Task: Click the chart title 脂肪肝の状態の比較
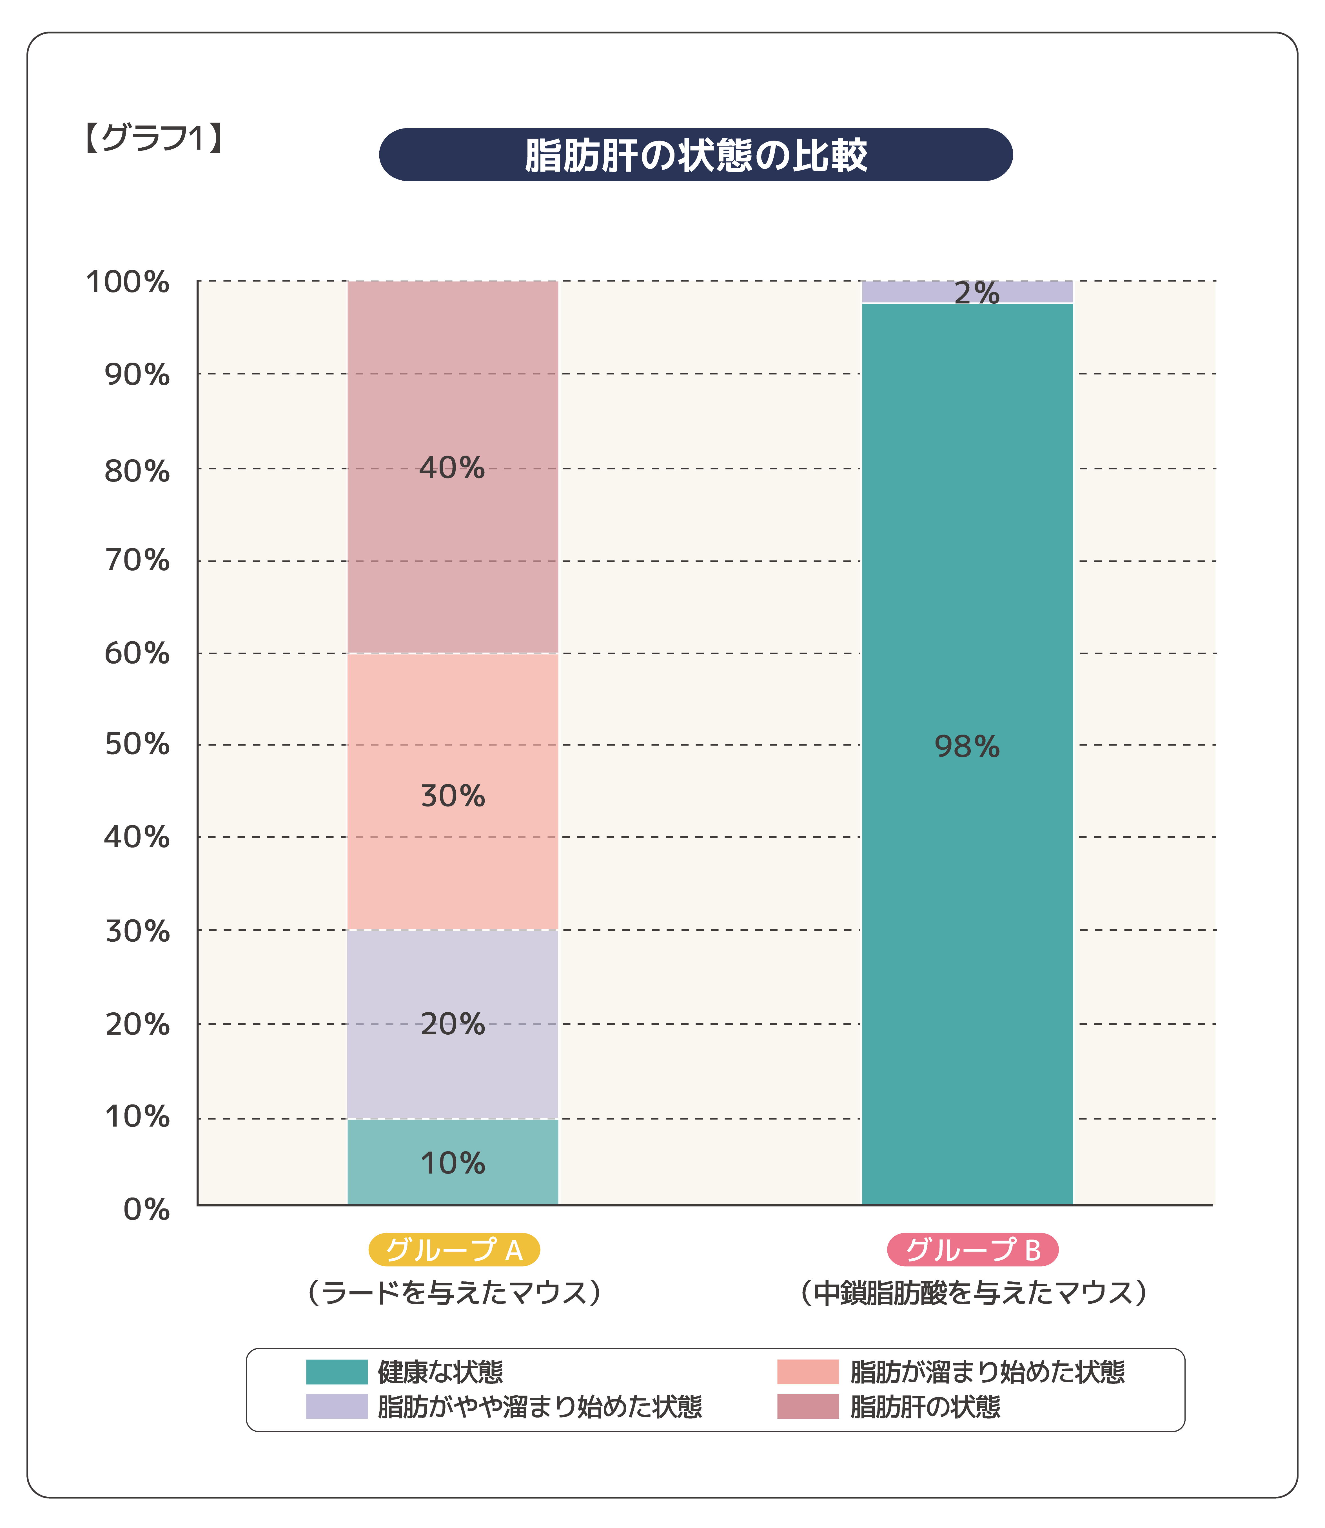click(x=695, y=155)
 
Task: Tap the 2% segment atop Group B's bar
click(x=967, y=292)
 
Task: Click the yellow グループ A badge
click(x=454, y=1250)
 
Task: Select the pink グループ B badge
click(x=972, y=1250)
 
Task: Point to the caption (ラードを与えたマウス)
click(x=454, y=1292)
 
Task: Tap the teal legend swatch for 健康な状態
click(x=337, y=1372)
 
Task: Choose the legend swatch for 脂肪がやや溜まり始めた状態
click(x=337, y=1407)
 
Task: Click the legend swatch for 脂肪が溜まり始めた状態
click(x=807, y=1372)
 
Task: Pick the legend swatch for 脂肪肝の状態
click(x=807, y=1407)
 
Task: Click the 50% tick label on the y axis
click(x=137, y=744)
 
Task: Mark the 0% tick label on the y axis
click(x=146, y=1209)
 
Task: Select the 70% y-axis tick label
click(x=137, y=561)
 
